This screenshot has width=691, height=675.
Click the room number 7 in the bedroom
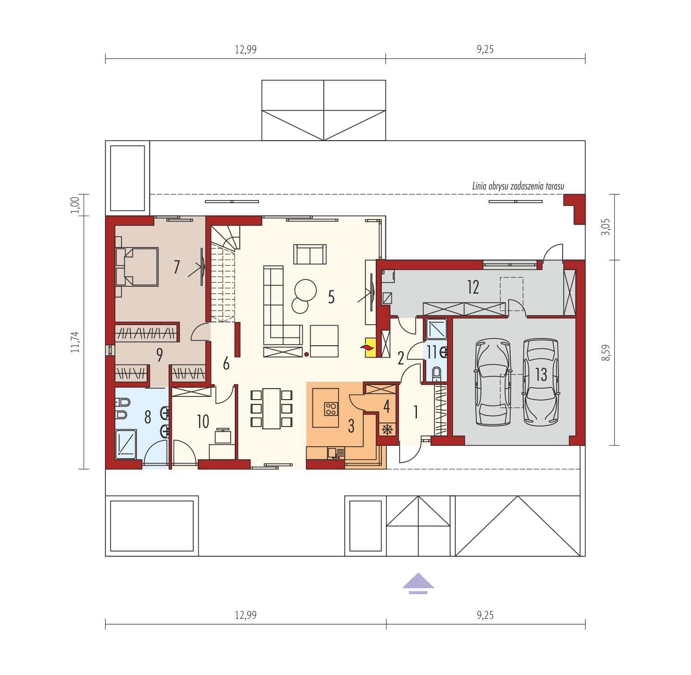pyautogui.click(x=177, y=267)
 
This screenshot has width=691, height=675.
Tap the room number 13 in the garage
pyautogui.click(x=541, y=374)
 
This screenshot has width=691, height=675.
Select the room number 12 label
pyautogui.click(x=473, y=287)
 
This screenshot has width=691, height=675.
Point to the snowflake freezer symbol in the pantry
pyautogui.click(x=387, y=429)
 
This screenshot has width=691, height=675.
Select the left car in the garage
pyautogui.click(x=493, y=382)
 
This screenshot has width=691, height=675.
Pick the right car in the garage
pyautogui.click(x=541, y=382)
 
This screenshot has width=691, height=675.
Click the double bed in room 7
pyautogui.click(x=137, y=267)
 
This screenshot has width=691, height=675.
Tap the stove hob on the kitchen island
pyautogui.click(x=331, y=408)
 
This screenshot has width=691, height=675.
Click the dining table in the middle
pyautogui.click(x=271, y=408)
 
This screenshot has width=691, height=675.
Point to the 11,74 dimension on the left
pyautogui.click(x=76, y=342)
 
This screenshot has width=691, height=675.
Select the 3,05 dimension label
pyautogui.click(x=606, y=227)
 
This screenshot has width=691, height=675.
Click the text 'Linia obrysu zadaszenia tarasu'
pyautogui.click(x=518, y=186)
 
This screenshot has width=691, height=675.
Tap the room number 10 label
pyautogui.click(x=203, y=422)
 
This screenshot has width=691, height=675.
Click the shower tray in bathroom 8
pyautogui.click(x=126, y=444)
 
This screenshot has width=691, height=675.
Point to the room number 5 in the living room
pyautogui.click(x=331, y=297)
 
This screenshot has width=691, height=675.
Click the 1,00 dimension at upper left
pyautogui.click(x=76, y=205)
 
